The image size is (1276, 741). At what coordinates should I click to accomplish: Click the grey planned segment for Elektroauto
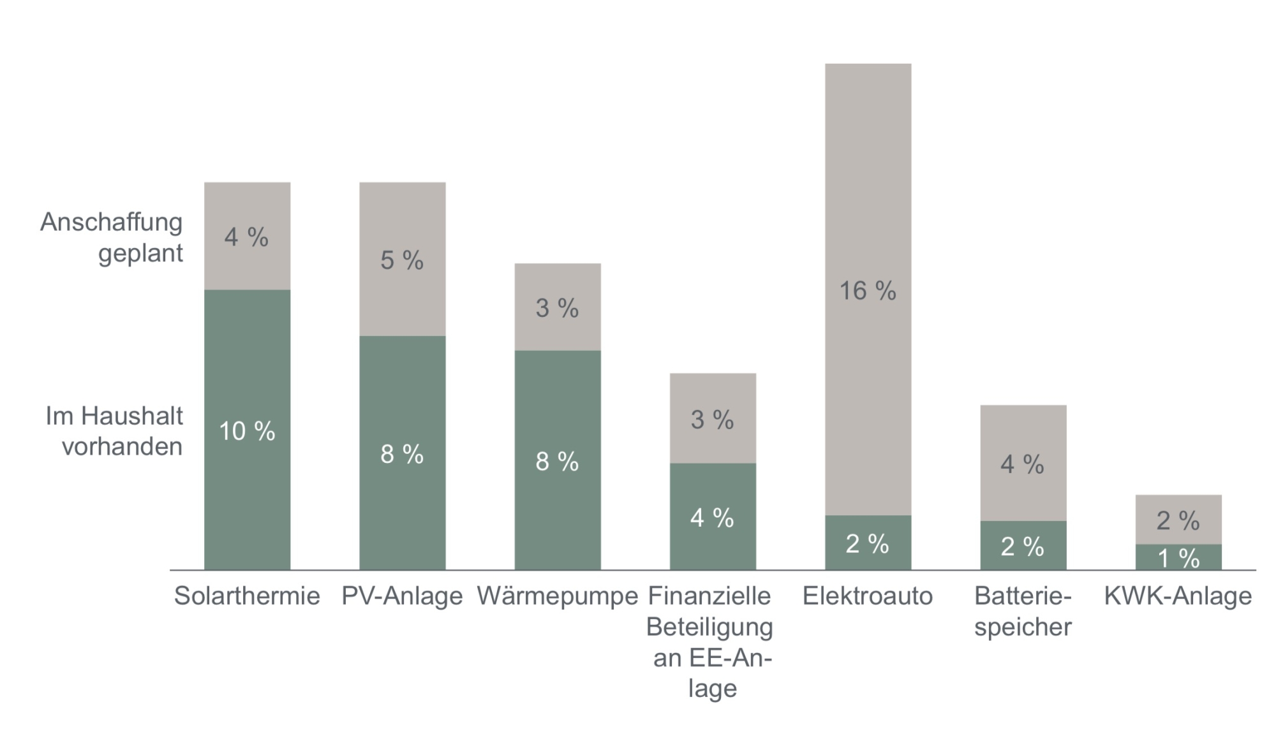(x=868, y=191)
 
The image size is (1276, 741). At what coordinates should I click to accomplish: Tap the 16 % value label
(x=868, y=291)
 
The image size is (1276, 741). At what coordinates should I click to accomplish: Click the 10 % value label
(x=247, y=431)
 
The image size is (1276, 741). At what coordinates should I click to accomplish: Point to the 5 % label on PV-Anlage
(x=402, y=260)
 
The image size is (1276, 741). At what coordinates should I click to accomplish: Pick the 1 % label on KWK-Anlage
(x=1178, y=559)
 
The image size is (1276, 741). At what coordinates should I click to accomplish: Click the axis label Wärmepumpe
(x=558, y=596)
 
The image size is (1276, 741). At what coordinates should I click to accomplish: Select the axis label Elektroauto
(x=868, y=596)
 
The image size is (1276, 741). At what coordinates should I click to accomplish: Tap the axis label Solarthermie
(x=247, y=596)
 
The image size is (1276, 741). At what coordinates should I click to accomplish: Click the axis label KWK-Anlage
(x=1178, y=596)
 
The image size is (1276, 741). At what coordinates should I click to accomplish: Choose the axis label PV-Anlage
(x=402, y=596)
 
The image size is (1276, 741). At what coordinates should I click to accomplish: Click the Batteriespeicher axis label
(x=1023, y=611)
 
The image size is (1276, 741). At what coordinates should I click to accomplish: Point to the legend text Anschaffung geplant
(x=112, y=237)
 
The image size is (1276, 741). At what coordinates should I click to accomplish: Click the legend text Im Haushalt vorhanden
(x=115, y=431)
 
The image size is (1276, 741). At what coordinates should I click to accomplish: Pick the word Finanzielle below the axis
(x=709, y=596)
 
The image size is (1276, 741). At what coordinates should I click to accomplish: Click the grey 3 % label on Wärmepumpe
(x=557, y=308)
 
